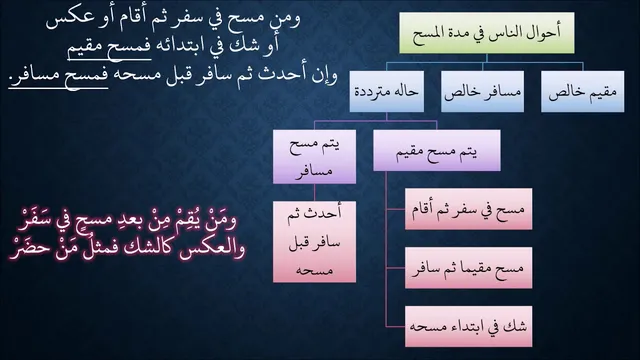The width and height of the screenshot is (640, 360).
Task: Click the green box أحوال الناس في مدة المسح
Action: (487, 33)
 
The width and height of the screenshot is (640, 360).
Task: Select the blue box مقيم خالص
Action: (582, 91)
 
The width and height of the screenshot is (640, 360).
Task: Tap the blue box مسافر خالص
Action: (482, 91)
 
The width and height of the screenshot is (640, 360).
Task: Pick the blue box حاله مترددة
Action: (387, 91)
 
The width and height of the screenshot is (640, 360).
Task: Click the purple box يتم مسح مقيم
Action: (437, 150)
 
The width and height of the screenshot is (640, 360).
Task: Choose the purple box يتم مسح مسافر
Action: (314, 157)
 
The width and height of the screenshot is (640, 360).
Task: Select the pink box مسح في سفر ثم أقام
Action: (469, 209)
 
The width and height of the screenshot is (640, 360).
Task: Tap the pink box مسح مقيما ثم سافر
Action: (469, 268)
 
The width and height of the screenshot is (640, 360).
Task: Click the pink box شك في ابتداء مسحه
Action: (469, 327)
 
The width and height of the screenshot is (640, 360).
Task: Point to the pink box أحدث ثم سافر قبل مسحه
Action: (314, 242)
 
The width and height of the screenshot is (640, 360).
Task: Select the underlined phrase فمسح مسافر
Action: (58, 76)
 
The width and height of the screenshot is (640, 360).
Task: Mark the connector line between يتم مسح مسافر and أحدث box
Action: (314, 193)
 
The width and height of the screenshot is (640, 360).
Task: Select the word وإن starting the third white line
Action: (324, 76)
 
